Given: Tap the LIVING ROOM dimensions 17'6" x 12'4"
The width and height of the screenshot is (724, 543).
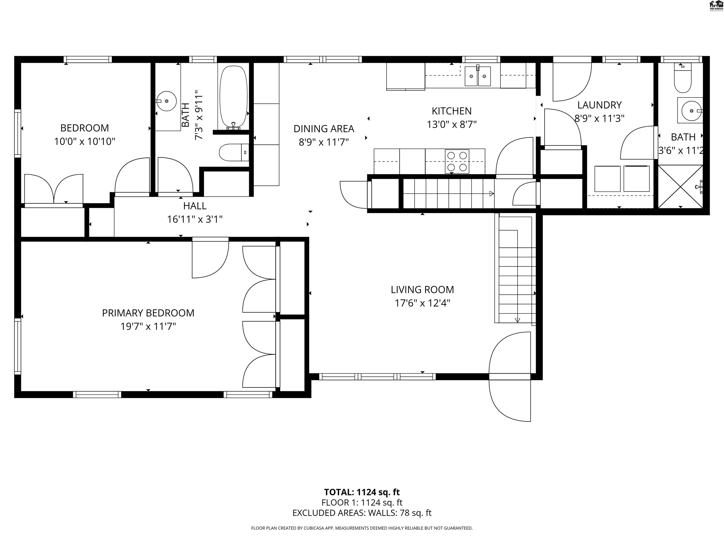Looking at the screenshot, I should point(422,303).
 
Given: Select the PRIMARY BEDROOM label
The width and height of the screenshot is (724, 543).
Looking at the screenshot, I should point(148,313).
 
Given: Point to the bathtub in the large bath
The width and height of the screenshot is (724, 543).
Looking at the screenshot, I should point(233,97).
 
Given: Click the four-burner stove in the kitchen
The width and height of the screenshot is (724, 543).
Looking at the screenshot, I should point(457,161).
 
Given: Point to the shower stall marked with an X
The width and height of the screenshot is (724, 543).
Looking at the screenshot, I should point(680,187).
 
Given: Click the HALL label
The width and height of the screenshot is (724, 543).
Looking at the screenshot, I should point(195,206).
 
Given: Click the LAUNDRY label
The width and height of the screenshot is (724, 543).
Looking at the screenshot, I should point(599,105).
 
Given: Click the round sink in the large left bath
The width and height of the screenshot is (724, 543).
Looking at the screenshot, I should point(166,101).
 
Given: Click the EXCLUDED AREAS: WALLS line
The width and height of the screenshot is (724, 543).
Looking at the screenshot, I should point(362,513).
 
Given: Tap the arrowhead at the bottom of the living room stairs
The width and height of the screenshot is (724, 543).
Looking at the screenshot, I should point(517,320).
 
